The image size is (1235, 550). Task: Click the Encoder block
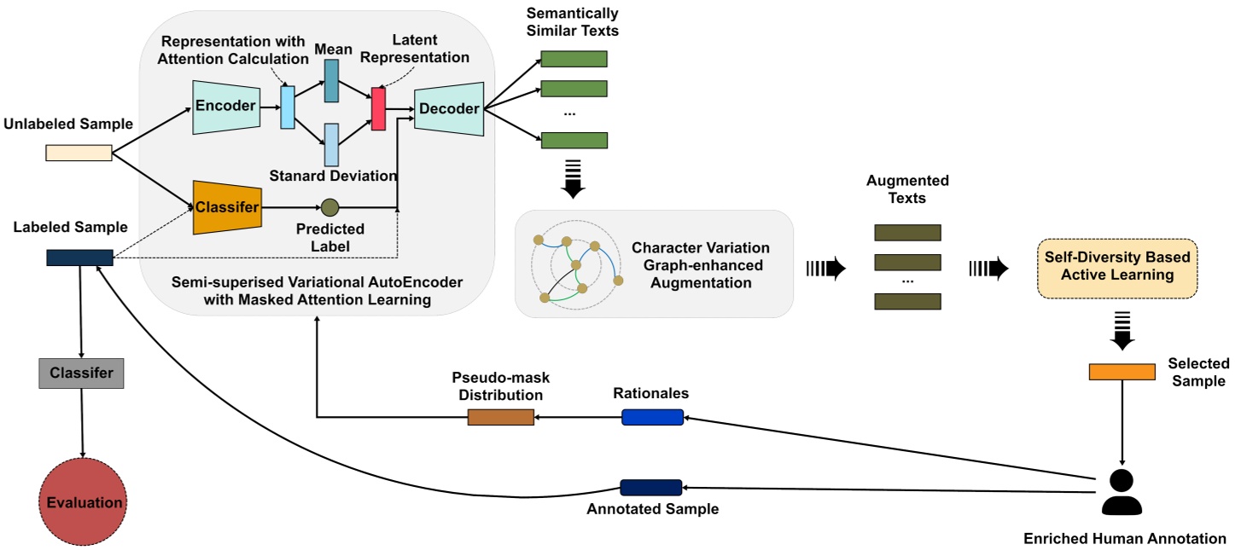(x=225, y=107)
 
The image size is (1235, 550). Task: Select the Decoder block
(x=449, y=108)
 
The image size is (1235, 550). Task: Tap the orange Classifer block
(x=226, y=207)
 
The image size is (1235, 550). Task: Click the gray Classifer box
(x=81, y=373)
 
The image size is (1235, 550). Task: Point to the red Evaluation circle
(x=83, y=502)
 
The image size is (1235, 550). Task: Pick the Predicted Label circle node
(x=329, y=206)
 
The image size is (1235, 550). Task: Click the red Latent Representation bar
(x=378, y=109)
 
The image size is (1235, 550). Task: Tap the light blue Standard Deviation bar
(x=331, y=144)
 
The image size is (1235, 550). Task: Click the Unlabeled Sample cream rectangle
(x=79, y=153)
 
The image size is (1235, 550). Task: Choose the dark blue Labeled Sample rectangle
(x=79, y=258)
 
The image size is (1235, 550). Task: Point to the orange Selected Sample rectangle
(x=1121, y=372)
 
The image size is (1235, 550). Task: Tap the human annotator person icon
(x=1121, y=492)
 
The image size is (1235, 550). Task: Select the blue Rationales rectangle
(x=652, y=417)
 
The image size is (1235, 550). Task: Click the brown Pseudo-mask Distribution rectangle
(x=500, y=417)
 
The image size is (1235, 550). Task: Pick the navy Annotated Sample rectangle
(x=650, y=488)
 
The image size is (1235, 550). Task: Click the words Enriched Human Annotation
(x=1124, y=538)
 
